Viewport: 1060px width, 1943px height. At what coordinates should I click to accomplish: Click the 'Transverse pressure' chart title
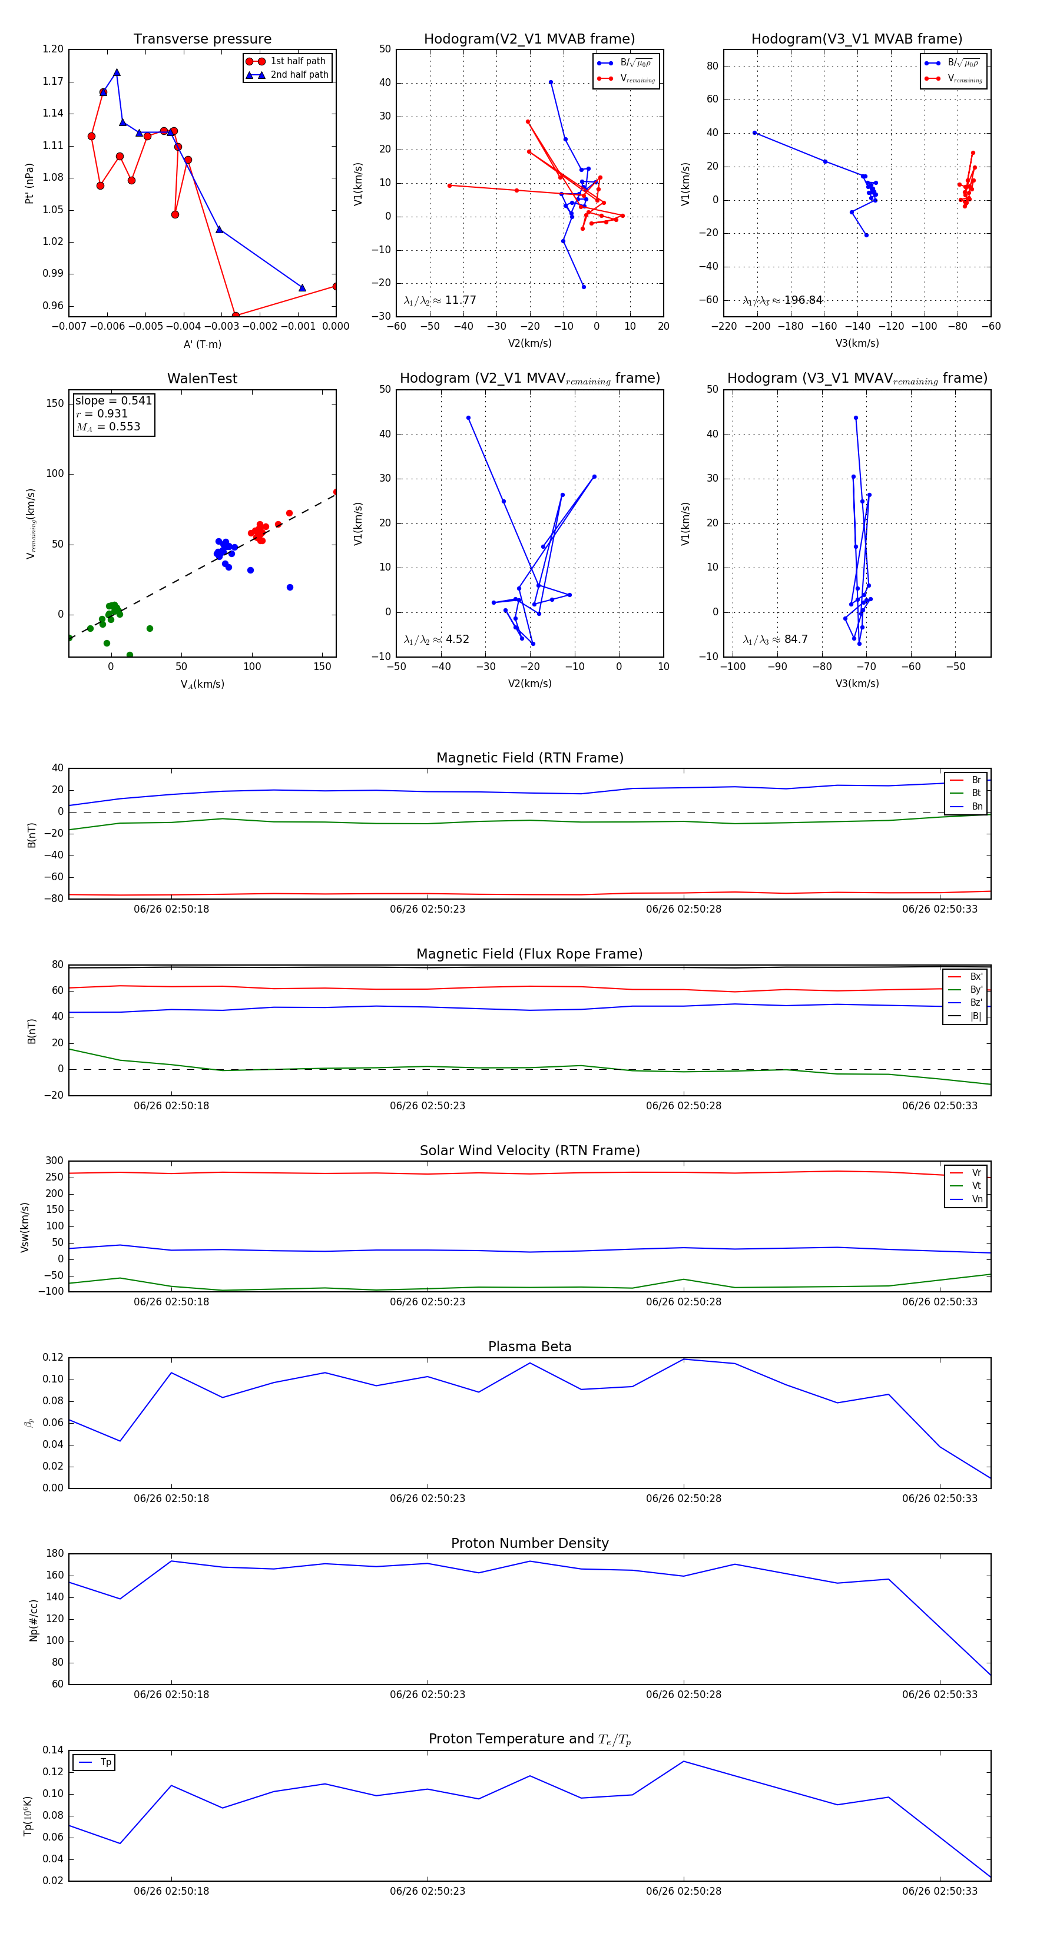pyautogui.click(x=202, y=39)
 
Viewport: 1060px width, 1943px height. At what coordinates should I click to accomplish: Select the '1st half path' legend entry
pyautogui.click(x=297, y=61)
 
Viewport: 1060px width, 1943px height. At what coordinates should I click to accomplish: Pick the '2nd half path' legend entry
pyautogui.click(x=299, y=75)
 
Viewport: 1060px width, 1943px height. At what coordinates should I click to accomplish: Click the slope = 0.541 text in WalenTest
pyautogui.click(x=113, y=400)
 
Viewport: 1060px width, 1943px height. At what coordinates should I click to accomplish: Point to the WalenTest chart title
pyautogui.click(x=202, y=379)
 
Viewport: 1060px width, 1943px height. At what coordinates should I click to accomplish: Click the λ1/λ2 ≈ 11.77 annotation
pyautogui.click(x=440, y=300)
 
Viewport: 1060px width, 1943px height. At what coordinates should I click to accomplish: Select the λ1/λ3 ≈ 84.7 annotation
pyautogui.click(x=775, y=639)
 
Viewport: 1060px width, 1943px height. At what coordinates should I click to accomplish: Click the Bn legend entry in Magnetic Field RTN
pyautogui.click(x=976, y=806)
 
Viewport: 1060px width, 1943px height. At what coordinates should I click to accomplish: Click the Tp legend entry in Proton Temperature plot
pyautogui.click(x=105, y=1763)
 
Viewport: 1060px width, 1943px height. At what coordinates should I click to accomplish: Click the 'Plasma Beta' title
pyautogui.click(x=529, y=1347)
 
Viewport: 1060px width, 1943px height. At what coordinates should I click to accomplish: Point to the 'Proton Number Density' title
pyautogui.click(x=529, y=1543)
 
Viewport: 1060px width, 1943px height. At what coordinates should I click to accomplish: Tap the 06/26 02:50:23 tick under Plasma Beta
pyautogui.click(x=427, y=1498)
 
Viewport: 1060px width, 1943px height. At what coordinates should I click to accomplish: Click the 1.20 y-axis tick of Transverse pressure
pyautogui.click(x=53, y=49)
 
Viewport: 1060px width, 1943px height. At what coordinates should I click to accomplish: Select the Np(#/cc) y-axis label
pyautogui.click(x=33, y=1619)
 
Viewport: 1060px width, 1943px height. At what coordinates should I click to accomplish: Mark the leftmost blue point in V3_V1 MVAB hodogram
pyautogui.click(x=754, y=132)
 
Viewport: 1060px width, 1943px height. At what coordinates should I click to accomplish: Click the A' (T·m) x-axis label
pyautogui.click(x=202, y=344)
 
